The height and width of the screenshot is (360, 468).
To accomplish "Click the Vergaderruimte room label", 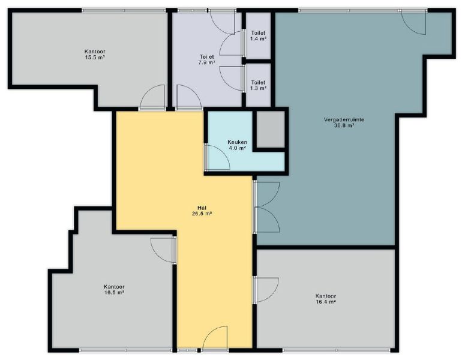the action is click(x=344, y=122).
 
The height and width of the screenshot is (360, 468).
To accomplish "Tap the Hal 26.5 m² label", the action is click(x=202, y=211).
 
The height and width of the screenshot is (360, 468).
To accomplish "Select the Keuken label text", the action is click(x=237, y=142).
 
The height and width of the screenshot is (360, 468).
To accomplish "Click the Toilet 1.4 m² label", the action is click(x=258, y=36).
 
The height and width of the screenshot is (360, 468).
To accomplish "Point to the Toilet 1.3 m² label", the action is click(x=258, y=85).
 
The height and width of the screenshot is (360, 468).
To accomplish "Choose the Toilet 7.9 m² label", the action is click(x=206, y=59).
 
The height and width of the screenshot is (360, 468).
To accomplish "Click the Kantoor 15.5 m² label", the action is click(x=95, y=55).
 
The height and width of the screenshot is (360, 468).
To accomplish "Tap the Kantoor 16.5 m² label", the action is click(x=114, y=290).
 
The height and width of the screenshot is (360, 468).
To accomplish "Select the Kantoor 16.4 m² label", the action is click(x=326, y=299).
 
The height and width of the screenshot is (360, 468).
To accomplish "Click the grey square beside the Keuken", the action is click(x=271, y=129).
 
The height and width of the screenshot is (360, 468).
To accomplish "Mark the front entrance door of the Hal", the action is click(x=215, y=338).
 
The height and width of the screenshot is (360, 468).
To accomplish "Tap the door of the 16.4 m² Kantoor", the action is click(x=266, y=290).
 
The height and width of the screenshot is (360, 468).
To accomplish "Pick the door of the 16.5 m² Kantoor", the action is click(x=163, y=250).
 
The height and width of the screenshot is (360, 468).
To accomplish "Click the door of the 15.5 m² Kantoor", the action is click(x=152, y=98).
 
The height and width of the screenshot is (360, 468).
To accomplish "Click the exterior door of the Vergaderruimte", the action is click(x=413, y=22).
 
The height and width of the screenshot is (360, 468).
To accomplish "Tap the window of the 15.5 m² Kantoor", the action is click(x=124, y=10).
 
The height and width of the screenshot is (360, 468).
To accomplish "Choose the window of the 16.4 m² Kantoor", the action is click(x=337, y=350).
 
